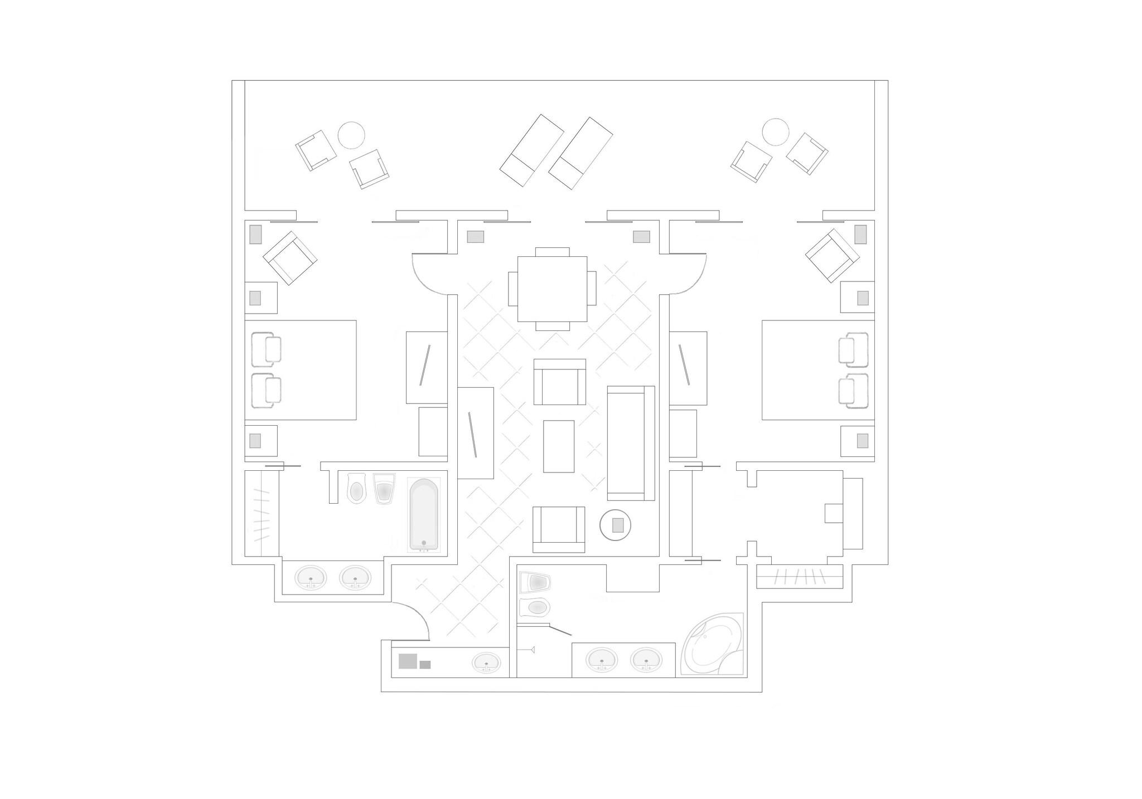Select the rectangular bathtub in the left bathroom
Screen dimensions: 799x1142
point(424,514)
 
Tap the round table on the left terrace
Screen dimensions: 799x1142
point(351,135)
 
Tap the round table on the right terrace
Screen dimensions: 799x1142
point(776,132)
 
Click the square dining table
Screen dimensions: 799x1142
point(552,289)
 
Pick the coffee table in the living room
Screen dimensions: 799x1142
point(558,446)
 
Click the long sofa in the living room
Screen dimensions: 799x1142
point(630,442)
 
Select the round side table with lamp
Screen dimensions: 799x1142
point(616,525)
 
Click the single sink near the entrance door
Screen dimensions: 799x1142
point(486,662)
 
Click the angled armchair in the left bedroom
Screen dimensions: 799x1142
point(290,257)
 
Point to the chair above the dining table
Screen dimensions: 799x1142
point(552,251)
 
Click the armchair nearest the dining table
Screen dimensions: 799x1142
point(559,382)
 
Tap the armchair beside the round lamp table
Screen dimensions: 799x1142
point(558,529)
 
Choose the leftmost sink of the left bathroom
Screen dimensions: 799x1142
point(311,577)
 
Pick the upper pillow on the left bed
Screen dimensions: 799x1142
point(266,349)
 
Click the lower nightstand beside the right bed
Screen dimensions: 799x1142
point(857,441)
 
